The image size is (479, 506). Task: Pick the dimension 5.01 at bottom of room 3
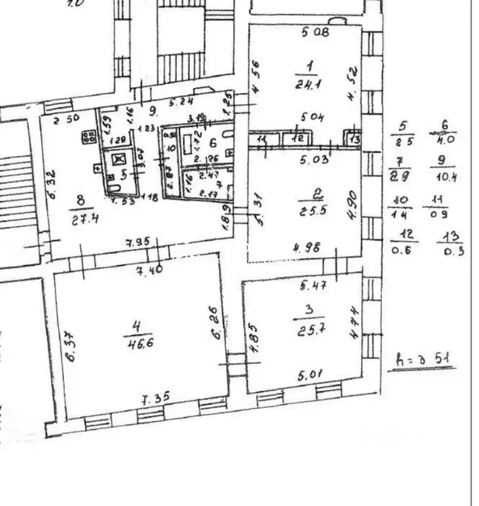click(x=309, y=376)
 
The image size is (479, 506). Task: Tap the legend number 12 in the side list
click(x=404, y=236)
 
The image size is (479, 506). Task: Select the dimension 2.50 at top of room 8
click(x=67, y=119)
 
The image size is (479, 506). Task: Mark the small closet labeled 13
click(x=354, y=138)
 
